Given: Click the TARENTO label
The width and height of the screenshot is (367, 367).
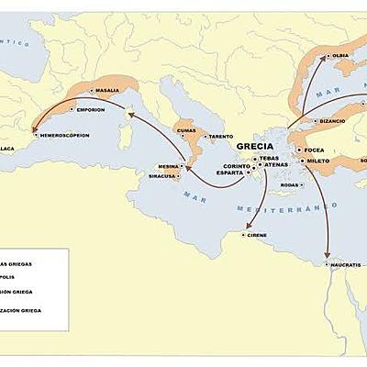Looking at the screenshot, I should point(220,137).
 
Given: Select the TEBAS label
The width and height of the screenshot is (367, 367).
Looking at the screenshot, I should point(269,158).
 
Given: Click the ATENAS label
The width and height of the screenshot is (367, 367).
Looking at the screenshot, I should point(276,165).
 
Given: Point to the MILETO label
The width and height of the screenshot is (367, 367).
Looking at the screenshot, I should point(318,161).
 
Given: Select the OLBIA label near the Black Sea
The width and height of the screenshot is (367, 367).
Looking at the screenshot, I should point(340,56).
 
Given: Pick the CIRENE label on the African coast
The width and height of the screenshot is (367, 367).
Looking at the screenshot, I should point(257,235).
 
